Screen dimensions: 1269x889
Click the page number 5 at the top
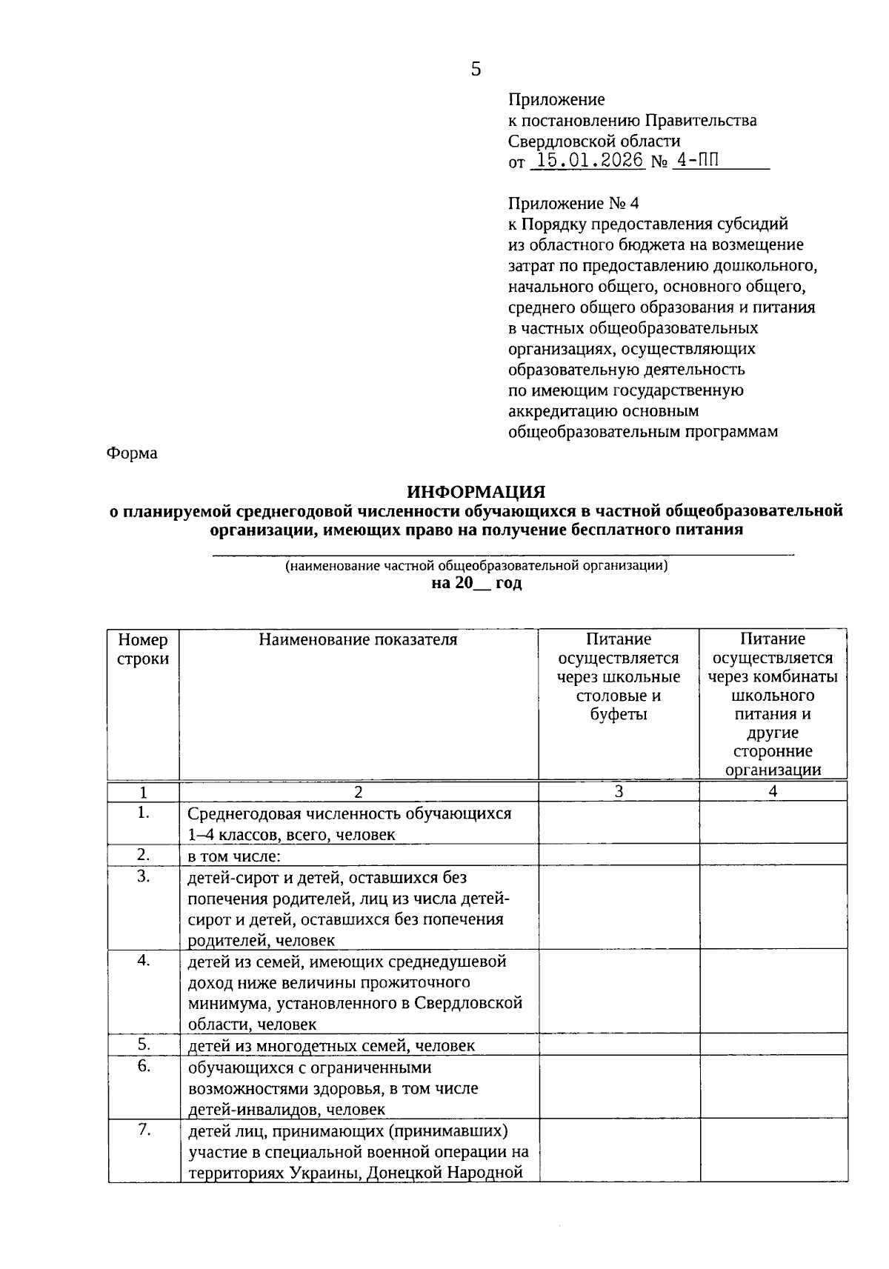click(476, 70)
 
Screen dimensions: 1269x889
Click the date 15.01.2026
click(590, 161)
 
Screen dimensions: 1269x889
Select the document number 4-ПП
click(696, 161)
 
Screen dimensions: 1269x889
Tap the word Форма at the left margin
click(132, 453)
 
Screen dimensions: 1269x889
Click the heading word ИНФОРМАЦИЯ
click(476, 492)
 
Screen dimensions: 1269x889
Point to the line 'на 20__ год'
click(476, 583)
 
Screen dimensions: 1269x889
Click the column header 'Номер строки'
click(143, 649)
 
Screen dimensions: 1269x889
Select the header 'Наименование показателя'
click(358, 639)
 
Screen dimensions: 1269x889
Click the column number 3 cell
click(619, 791)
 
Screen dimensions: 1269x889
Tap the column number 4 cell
click(773, 791)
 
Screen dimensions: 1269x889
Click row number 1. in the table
click(144, 813)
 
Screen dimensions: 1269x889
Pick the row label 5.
click(144, 1045)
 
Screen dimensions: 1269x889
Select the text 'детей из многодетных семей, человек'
click(331, 1046)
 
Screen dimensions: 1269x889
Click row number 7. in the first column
click(144, 1130)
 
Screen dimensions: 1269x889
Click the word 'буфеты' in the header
click(619, 714)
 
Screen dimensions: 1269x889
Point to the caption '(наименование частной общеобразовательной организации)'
click(477, 566)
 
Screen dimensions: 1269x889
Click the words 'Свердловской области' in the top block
click(594, 141)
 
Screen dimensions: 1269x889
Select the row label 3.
click(144, 876)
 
